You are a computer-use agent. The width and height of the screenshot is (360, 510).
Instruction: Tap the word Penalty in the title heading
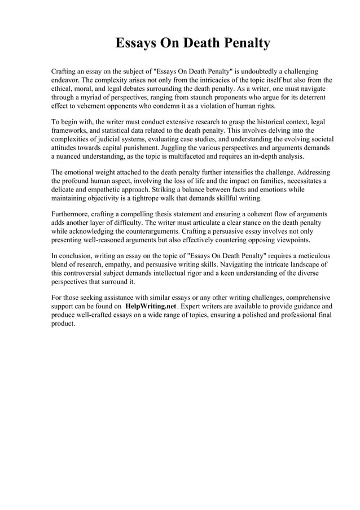tap(243, 43)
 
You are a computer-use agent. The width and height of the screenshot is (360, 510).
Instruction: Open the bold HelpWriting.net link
tap(150, 307)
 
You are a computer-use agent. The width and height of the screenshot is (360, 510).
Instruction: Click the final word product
tap(63, 324)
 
